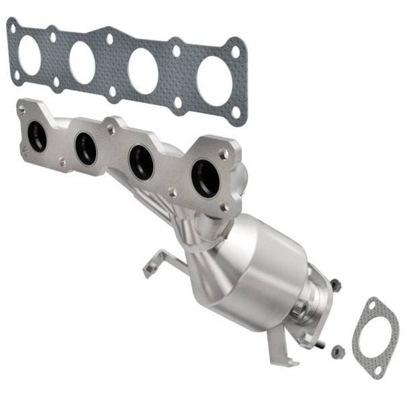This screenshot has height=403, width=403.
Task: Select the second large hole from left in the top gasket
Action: point(82,62)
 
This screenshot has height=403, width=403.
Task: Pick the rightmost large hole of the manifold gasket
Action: point(213,80)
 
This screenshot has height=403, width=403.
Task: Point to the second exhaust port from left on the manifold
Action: point(86,148)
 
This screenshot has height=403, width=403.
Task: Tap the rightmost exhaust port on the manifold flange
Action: point(205,178)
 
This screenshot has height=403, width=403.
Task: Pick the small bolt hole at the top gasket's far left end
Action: point(11,27)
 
